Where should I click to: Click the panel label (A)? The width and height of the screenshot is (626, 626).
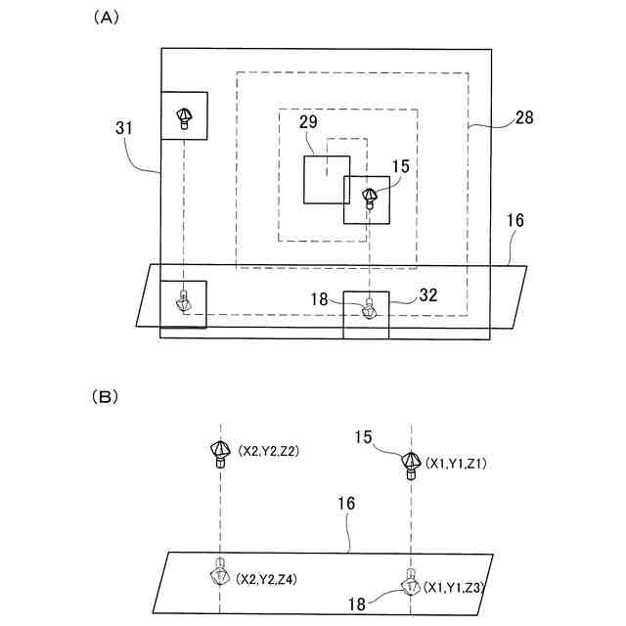coord(105,18)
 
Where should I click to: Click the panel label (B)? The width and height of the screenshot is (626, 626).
coord(105,398)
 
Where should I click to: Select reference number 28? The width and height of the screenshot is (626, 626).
coord(524,117)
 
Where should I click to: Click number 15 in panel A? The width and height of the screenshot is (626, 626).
coord(401,167)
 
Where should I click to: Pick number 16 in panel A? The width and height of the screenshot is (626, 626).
coord(514,221)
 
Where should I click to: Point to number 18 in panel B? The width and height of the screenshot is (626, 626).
coord(359,604)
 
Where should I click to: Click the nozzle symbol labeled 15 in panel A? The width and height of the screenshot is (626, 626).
coord(370,197)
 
